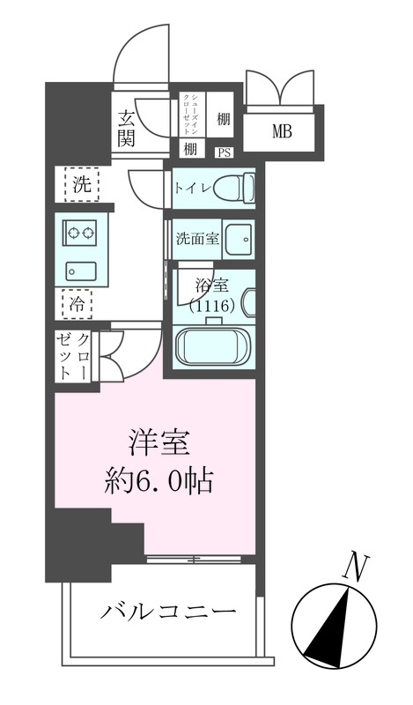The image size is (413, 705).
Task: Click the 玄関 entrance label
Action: click(x=127, y=127)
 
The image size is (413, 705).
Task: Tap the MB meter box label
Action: click(x=282, y=132)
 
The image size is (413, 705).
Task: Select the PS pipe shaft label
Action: click(x=224, y=152)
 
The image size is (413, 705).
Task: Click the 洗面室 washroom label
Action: click(x=197, y=238)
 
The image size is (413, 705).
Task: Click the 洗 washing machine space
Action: click(x=81, y=185)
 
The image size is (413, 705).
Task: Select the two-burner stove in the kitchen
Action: click(x=81, y=234)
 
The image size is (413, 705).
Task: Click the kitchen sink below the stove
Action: click(x=81, y=271)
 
